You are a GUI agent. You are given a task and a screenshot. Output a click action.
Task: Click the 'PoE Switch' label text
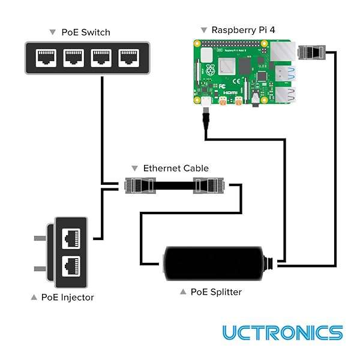coord(86,32)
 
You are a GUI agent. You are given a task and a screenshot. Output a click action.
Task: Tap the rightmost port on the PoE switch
coord(128,58)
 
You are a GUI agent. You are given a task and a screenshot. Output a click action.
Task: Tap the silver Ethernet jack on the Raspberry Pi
coord(283,52)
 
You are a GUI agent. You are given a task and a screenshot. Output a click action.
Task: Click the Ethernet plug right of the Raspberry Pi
coord(311,52)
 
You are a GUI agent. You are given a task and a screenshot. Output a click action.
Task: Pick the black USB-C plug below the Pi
coord(206,118)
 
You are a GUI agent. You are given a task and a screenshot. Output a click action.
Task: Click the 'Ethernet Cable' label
coord(175,169)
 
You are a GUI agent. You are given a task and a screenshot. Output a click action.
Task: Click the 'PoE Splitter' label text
coord(216,292)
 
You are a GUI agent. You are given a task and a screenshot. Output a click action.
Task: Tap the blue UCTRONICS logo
coord(282,332)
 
